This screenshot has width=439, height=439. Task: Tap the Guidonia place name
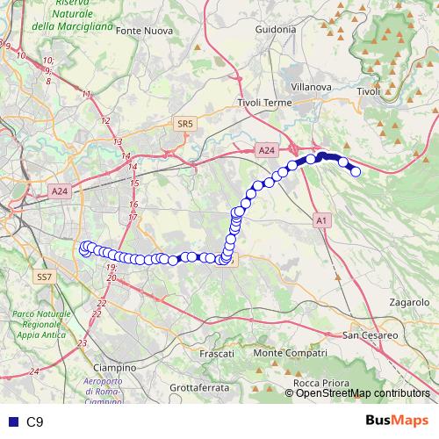[x=275, y=29]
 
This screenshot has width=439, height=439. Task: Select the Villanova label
[x=311, y=88]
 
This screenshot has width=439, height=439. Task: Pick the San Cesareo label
[x=371, y=335]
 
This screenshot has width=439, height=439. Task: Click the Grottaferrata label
[x=199, y=386]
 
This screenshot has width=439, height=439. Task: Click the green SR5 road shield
[x=184, y=126]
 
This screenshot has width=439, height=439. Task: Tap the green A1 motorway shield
[x=321, y=220]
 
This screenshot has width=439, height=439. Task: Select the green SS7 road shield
[x=46, y=277]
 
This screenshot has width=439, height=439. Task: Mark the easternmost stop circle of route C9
[x=356, y=172]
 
